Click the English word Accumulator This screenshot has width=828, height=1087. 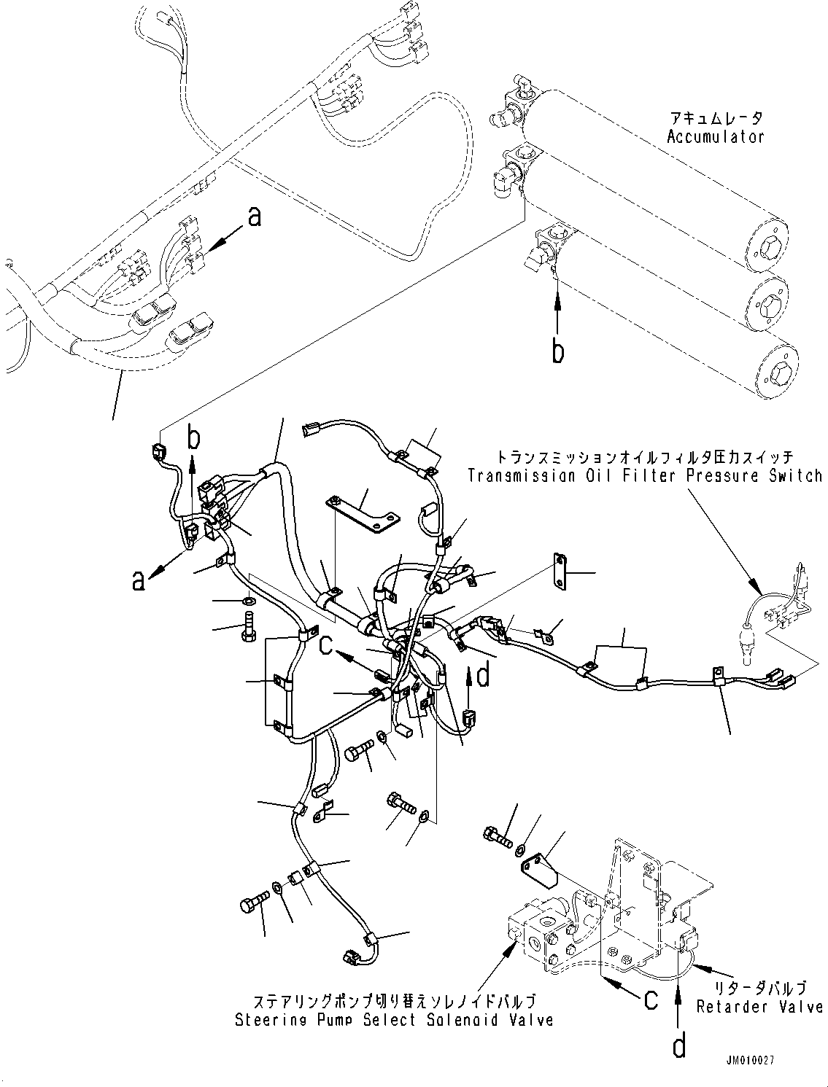click(715, 136)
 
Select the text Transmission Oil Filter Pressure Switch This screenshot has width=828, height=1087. click(644, 476)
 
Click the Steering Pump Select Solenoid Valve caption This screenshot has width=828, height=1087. click(393, 1021)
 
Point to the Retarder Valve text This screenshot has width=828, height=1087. click(759, 1007)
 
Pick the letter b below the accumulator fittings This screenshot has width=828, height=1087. click(558, 352)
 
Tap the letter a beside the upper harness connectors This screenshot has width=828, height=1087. click(254, 217)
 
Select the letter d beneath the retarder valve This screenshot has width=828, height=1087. click(678, 1047)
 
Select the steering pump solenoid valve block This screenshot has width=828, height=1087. click(543, 941)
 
